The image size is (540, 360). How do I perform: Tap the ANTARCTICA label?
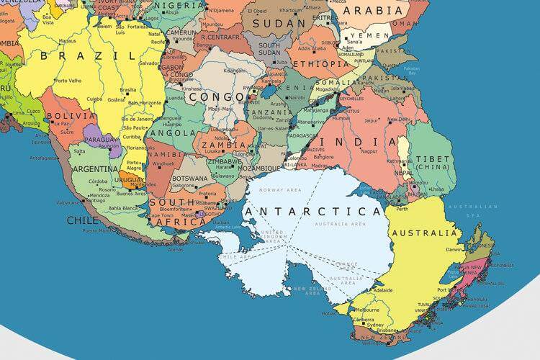(312, 212)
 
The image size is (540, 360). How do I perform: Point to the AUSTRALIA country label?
(424, 233)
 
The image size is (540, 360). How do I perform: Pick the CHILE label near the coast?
(84, 220)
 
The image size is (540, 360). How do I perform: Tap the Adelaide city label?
(382, 290)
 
